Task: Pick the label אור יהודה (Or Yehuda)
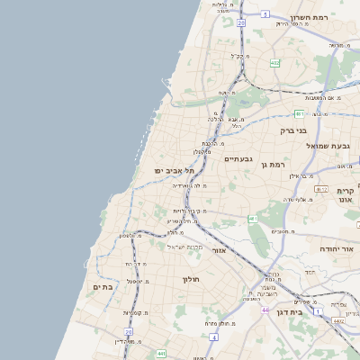tap(339, 248)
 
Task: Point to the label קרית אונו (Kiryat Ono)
tap(346, 195)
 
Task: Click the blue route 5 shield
tap(265, 13)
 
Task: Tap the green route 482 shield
tap(274, 63)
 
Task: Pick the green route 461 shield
tap(254, 219)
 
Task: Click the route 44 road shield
tap(265, 310)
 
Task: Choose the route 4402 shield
tap(338, 319)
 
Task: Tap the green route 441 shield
tap(161, 353)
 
